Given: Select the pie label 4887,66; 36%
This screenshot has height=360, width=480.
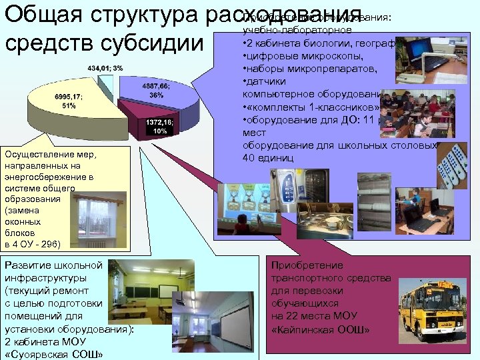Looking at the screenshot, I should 155,91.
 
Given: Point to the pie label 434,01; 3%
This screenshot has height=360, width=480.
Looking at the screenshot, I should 104,68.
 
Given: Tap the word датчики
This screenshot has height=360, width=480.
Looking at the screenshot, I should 267,81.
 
